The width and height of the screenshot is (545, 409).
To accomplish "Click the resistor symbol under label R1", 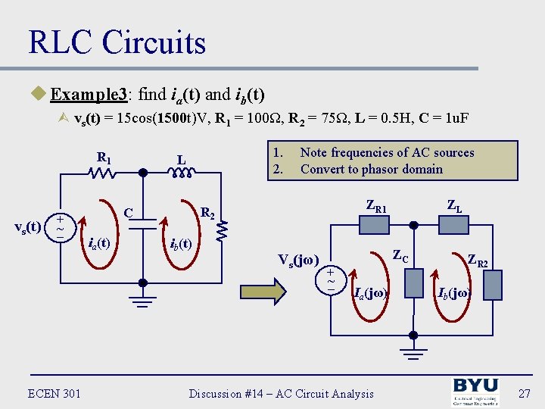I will pyautogui.click(x=103, y=174).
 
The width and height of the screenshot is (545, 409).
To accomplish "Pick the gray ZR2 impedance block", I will pyautogui.click(x=493, y=284).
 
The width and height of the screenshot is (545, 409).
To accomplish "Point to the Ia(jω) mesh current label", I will pyautogui.click(x=371, y=292).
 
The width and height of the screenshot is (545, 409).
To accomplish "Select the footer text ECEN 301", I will pyautogui.click(x=54, y=392).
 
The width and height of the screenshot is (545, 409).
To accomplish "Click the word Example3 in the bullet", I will pyautogui.click(x=90, y=95).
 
